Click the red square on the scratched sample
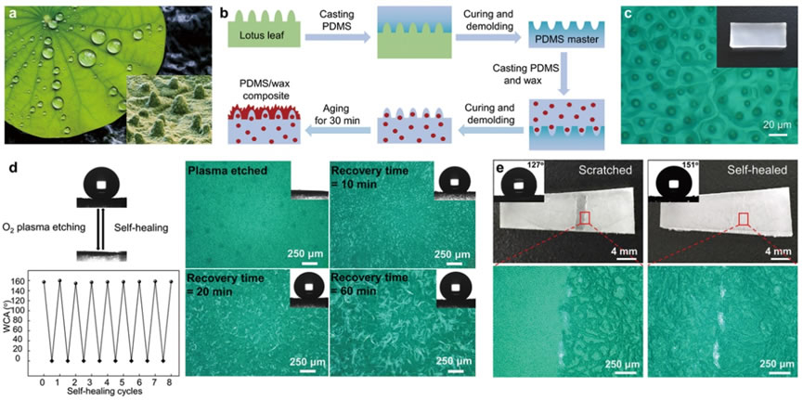tap(585, 218)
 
